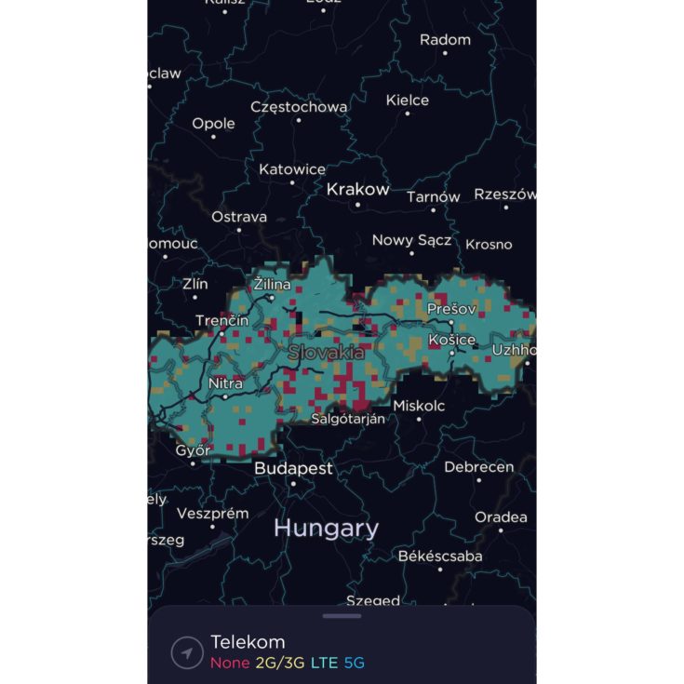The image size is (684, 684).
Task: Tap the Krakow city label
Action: click(x=357, y=190)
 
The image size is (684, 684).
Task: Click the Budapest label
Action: click(x=293, y=468)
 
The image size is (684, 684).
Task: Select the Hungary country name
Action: click(x=326, y=529)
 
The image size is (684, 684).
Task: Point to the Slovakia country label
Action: click(x=326, y=353)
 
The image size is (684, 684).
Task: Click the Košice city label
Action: click(x=452, y=340)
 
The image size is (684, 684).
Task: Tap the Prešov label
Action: click(x=451, y=308)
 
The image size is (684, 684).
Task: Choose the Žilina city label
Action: click(x=272, y=284)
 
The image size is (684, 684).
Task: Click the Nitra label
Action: click(x=225, y=383)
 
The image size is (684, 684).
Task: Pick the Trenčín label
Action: click(x=221, y=321)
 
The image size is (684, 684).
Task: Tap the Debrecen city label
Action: click(x=478, y=466)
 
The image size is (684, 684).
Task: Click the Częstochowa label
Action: click(x=299, y=107)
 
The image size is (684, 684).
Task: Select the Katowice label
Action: click(x=292, y=169)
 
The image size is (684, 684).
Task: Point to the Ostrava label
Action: click(x=239, y=217)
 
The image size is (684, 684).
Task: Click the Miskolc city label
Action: click(x=419, y=406)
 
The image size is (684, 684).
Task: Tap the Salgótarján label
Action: click(x=347, y=419)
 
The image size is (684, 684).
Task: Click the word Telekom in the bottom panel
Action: click(x=248, y=641)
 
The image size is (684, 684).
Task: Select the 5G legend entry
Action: click(x=354, y=664)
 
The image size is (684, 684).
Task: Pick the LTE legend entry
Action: click(x=324, y=664)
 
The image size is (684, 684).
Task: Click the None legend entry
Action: click(x=229, y=664)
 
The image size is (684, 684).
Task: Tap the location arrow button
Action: click(x=187, y=653)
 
